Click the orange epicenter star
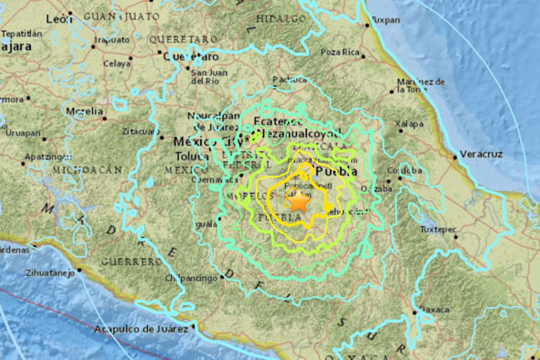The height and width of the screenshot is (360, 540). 298,200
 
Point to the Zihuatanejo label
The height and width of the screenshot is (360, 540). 45,271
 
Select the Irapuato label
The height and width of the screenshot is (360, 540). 111,39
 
